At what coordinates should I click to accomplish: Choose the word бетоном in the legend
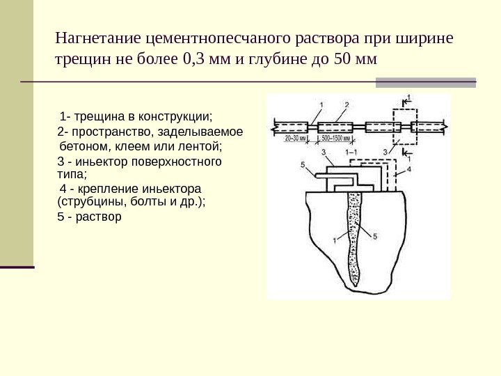click(x=85, y=147)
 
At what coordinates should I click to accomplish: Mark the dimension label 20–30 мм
click(x=294, y=139)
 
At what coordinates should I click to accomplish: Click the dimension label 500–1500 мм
click(x=337, y=139)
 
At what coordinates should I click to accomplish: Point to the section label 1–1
click(x=351, y=152)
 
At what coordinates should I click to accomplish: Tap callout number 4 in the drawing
click(x=409, y=169)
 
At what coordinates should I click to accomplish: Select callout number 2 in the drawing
click(x=346, y=104)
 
